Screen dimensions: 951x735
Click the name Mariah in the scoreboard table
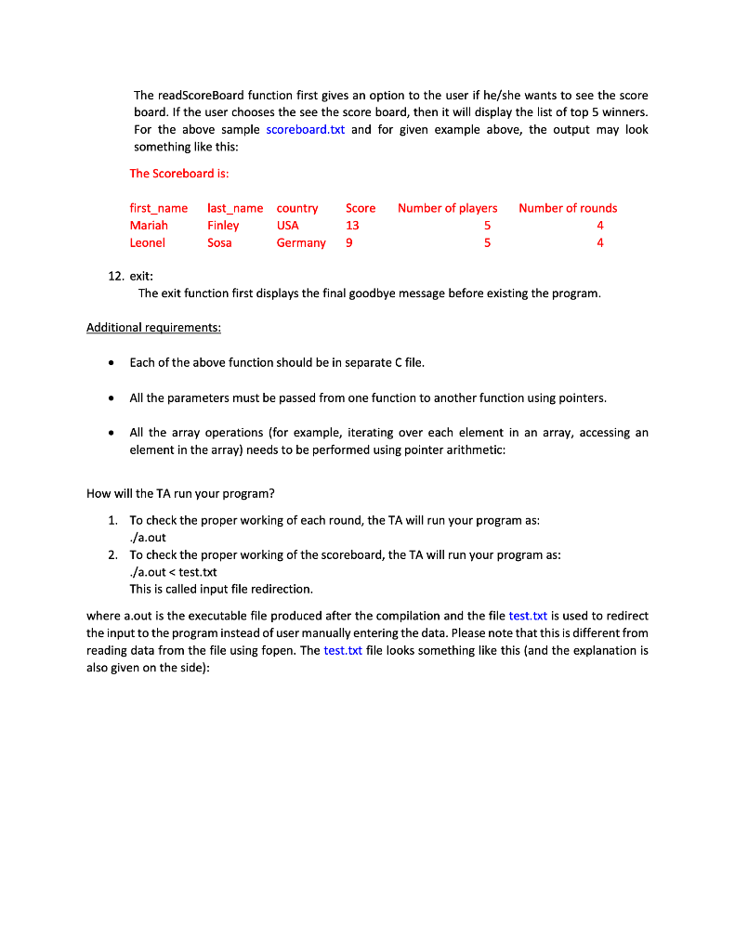click(x=149, y=226)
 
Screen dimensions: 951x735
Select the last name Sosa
click(x=219, y=243)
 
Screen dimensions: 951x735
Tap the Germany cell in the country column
click(x=301, y=243)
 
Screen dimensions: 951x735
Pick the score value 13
click(x=352, y=226)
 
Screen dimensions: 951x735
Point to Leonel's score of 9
click(x=348, y=243)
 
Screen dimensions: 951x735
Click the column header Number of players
click(x=447, y=208)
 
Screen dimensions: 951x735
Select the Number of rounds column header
click(x=567, y=208)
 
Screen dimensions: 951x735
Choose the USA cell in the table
click(x=288, y=226)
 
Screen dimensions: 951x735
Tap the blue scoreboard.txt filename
click(x=305, y=130)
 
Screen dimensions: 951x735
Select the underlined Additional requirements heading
click(x=153, y=328)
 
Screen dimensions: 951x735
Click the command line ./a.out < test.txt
click(x=173, y=572)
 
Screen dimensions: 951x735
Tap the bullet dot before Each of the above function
click(x=112, y=363)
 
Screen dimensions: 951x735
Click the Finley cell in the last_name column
click(x=223, y=226)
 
